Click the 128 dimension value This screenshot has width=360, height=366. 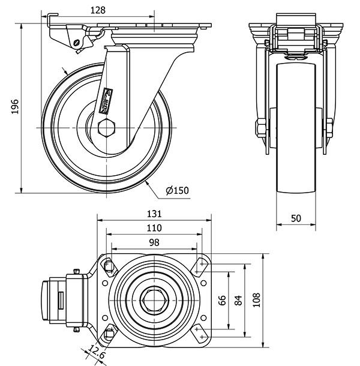click(98, 10)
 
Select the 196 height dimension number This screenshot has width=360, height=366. click(15, 107)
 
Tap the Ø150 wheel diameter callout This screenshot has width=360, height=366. click(177, 191)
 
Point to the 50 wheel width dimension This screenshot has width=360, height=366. click(296, 218)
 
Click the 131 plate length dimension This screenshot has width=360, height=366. click(154, 214)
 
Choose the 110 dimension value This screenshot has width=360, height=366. click(154, 228)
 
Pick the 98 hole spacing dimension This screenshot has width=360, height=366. click(154, 243)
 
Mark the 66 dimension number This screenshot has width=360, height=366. click(222, 300)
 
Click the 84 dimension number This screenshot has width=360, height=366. click(238, 300)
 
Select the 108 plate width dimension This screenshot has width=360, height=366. click(256, 300)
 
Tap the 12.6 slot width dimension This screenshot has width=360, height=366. click(97, 352)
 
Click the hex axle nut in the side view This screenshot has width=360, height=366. click(106, 128)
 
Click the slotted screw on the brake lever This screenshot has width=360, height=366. click(77, 43)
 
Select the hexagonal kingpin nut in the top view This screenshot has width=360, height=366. click(155, 300)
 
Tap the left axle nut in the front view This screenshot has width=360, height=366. click(261, 128)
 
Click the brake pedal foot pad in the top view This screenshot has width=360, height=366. click(46, 300)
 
